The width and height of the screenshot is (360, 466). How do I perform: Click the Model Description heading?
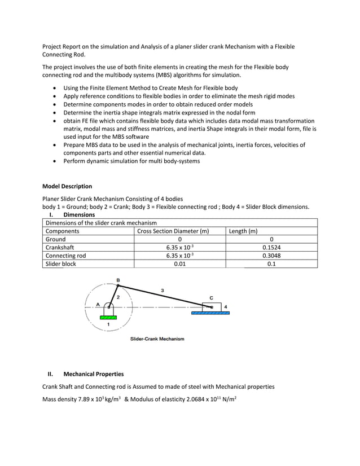coord(67,186)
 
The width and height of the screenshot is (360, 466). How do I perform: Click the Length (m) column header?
coord(243,231)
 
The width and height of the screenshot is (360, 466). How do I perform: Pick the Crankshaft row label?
coord(60,247)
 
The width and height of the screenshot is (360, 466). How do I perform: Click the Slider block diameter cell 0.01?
coord(179,263)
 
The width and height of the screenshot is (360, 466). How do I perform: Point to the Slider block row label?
coord(60,263)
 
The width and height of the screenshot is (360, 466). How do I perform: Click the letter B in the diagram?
coord(118,280)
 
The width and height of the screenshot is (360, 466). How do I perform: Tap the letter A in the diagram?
coord(98,304)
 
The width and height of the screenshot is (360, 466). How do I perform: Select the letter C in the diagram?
coord(211,297)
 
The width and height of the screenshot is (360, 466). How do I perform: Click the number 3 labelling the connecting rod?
coord(163,291)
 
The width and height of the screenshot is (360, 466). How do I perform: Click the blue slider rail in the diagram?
coord(210,313)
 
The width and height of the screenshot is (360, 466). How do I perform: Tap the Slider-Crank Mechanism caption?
coord(157,339)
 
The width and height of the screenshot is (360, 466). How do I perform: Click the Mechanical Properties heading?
coord(93,374)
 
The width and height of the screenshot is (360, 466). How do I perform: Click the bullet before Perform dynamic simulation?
coord(54,161)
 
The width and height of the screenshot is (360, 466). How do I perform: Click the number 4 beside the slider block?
coord(226,306)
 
